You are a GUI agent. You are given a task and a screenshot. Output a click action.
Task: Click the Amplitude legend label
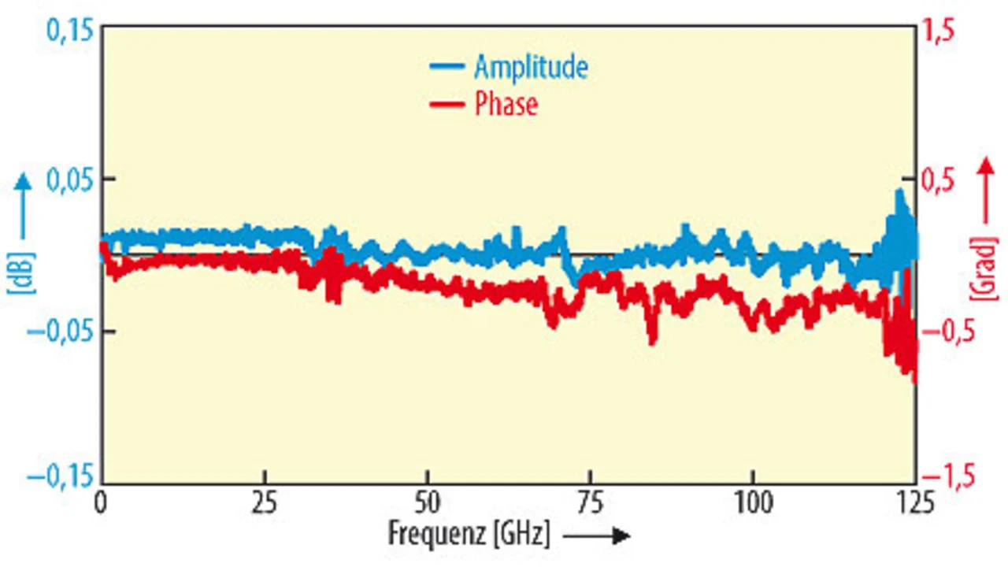click(x=530, y=67)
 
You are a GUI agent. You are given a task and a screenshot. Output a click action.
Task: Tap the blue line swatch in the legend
click(x=447, y=67)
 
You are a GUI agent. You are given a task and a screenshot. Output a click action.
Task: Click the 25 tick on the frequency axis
click(x=265, y=502)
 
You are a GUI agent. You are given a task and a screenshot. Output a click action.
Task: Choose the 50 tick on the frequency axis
click(x=427, y=502)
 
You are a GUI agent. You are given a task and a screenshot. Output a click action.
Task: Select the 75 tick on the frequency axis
click(x=590, y=502)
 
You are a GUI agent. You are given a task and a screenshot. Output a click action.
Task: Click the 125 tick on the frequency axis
click(x=914, y=502)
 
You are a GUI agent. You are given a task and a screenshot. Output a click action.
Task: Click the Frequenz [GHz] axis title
click(x=469, y=533)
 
